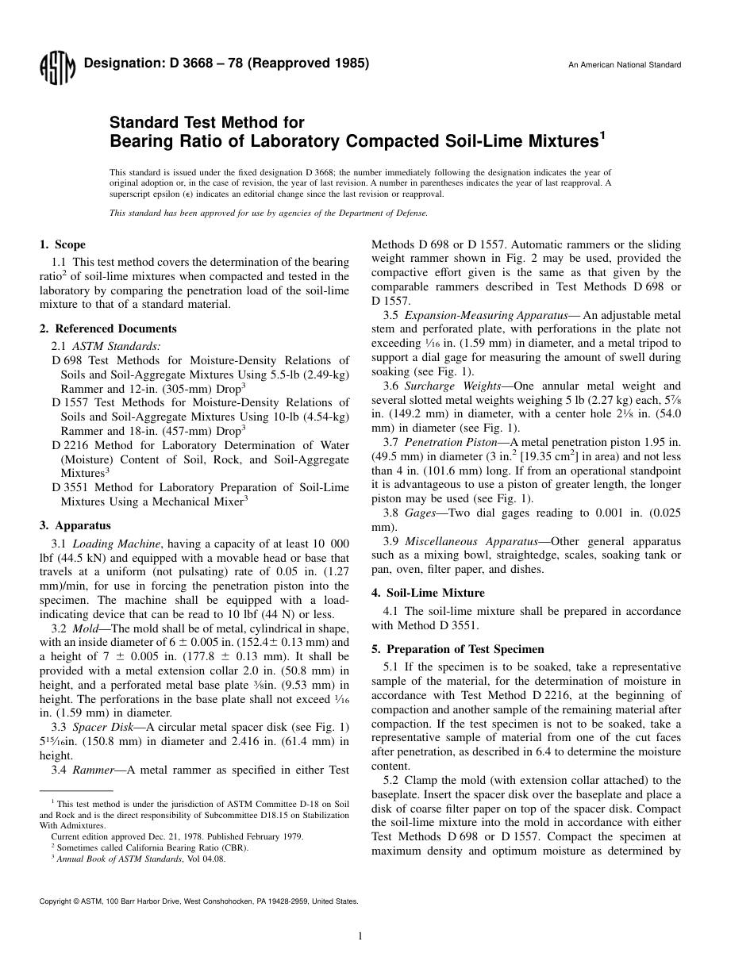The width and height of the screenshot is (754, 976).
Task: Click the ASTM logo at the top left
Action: coord(56,70)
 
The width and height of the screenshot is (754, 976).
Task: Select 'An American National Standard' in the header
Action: coord(625,65)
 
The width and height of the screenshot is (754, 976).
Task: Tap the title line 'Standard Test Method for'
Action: coord(206,123)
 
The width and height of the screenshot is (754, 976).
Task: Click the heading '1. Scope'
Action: coord(63,244)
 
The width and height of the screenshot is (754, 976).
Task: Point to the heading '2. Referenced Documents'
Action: coord(108,329)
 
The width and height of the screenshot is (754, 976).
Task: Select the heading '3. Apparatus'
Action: coord(75,525)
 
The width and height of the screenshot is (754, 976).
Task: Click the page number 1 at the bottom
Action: coord(360,936)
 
